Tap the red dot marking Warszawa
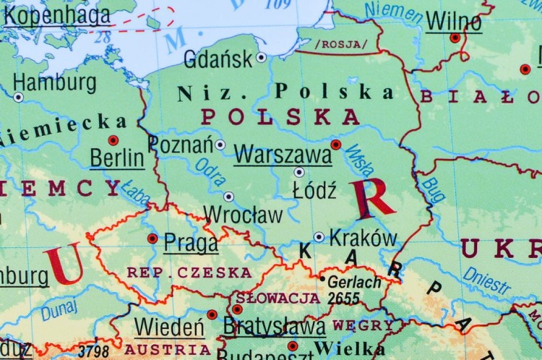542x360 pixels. pyautogui.click(x=335, y=145)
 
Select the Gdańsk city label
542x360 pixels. pyautogui.click(x=218, y=59)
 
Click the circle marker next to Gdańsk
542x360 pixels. pyautogui.click(x=261, y=57)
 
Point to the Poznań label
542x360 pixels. pyautogui.click(x=181, y=144)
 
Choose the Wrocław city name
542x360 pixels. pyautogui.click(x=243, y=215)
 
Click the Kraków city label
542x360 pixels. pyautogui.click(x=363, y=238)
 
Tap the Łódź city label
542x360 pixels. pyautogui.click(x=314, y=191)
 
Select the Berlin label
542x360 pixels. pyautogui.click(x=116, y=158)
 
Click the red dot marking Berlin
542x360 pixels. pyautogui.click(x=113, y=140)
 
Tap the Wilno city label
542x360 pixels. pyautogui.click(x=453, y=21)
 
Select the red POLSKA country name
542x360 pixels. pyautogui.click(x=280, y=116)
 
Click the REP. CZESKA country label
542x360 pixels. pyautogui.click(x=189, y=273)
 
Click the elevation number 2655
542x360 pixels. pyautogui.click(x=344, y=297)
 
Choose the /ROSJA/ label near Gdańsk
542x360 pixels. pyautogui.click(x=341, y=44)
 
